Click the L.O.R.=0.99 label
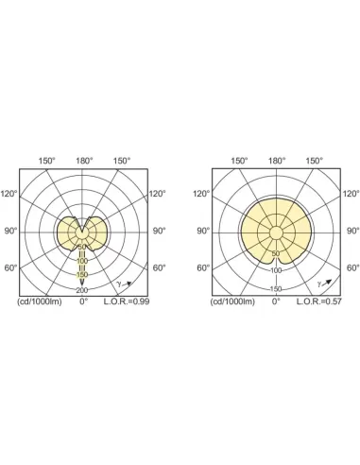click(127, 301)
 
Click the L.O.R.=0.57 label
click(319, 301)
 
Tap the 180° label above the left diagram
click(84, 161)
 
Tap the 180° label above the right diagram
click(277, 161)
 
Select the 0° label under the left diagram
click(83, 301)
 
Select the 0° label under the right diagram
click(276, 301)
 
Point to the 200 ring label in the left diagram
click(82, 290)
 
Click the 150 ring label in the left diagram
click(82, 275)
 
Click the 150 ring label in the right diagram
click(276, 289)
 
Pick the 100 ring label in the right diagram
click(276, 270)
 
